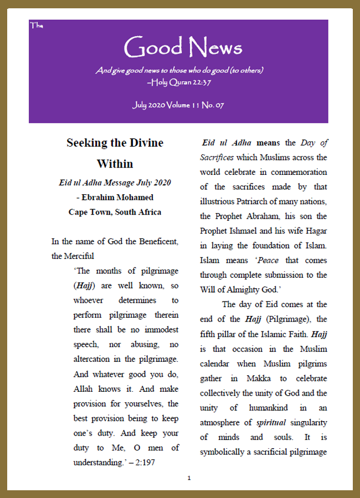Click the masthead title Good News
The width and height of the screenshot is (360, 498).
point(183,48)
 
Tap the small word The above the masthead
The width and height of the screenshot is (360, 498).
point(36,25)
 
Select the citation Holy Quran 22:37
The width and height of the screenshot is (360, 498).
point(179,82)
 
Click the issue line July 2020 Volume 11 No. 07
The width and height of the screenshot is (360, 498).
point(178,105)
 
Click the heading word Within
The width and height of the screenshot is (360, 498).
point(115,164)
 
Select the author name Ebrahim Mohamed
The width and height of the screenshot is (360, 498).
point(118,197)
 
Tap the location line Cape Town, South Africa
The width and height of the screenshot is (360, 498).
point(115,211)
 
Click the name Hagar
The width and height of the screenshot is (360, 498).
point(315,230)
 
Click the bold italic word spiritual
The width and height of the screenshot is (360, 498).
point(272,422)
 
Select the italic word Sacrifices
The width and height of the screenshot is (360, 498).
point(217,157)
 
